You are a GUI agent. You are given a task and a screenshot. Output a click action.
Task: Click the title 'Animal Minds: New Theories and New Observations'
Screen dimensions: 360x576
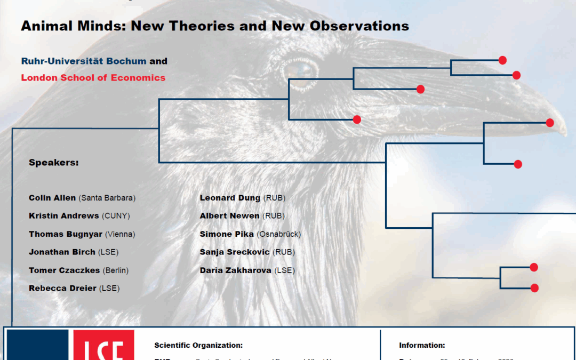pos(214,25)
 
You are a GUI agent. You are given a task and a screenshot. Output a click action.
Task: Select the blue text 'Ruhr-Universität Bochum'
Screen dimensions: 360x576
pos(84,61)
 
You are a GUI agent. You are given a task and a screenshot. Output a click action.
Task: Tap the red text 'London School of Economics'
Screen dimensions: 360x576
pos(93,77)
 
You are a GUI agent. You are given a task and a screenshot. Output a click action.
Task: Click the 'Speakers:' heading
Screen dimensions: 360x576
pos(53,163)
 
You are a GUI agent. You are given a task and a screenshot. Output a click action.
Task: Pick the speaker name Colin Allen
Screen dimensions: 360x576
pos(52,198)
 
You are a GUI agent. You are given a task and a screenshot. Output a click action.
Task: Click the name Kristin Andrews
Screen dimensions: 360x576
pos(63,216)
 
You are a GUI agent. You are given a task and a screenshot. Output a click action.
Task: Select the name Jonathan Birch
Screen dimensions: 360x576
pos(62,252)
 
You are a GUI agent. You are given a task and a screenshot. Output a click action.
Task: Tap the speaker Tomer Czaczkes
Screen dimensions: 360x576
pos(64,270)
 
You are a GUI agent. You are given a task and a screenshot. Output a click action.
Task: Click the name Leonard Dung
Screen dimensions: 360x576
pos(230,198)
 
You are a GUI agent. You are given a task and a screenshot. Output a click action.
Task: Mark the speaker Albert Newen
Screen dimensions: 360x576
pos(229,216)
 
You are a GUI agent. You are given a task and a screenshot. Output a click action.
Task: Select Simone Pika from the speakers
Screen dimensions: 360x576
pos(227,234)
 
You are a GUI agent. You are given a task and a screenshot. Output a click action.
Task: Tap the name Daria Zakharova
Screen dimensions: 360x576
pos(235,270)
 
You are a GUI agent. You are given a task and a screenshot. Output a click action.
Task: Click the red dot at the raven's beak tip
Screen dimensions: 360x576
pos(550,123)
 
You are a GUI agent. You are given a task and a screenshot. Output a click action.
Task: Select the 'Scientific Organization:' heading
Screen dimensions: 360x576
pos(198,346)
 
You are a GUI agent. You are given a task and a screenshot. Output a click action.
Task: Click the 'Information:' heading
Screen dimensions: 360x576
pos(422,346)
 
